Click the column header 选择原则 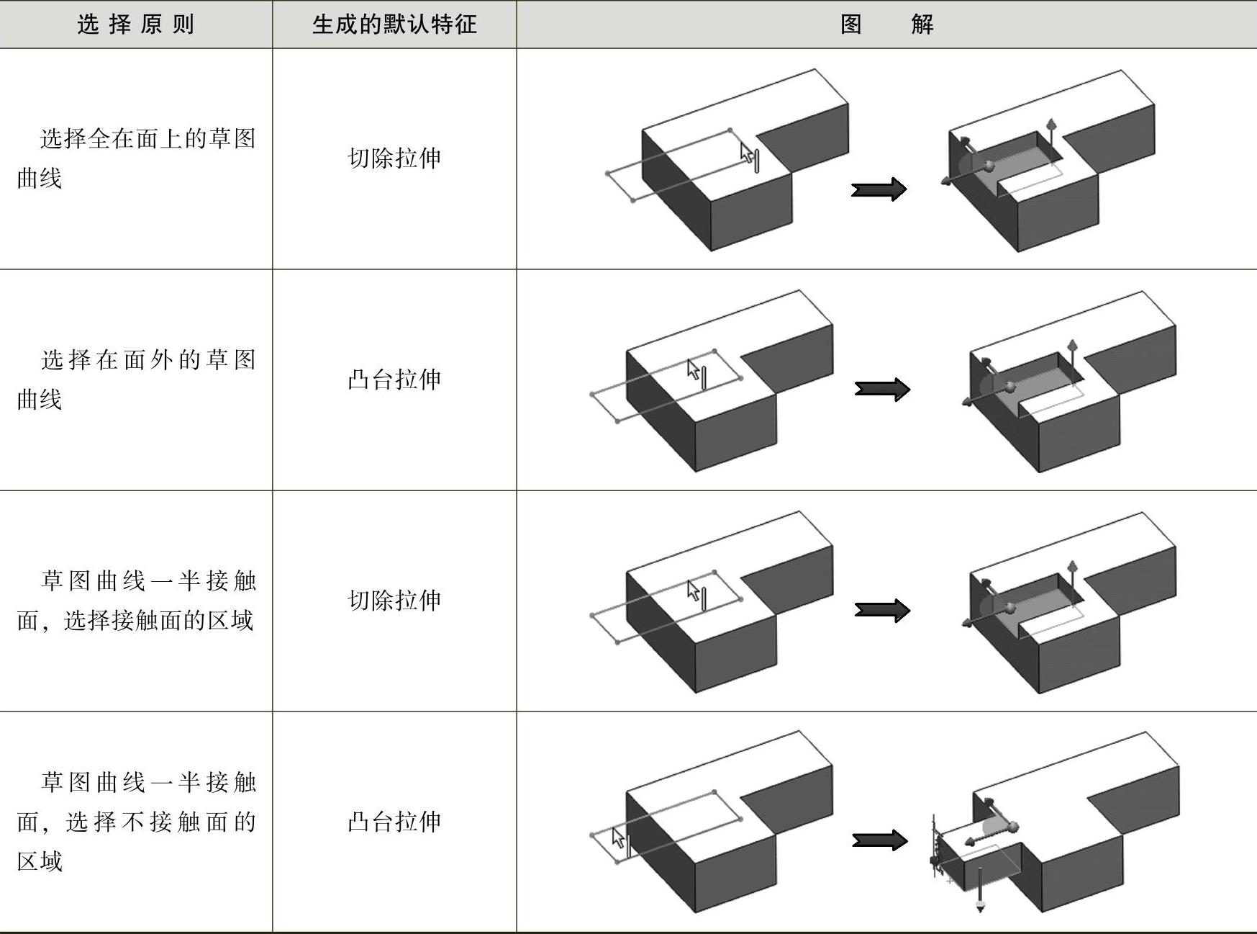click(136, 24)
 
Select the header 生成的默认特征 click(394, 24)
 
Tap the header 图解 click(886, 24)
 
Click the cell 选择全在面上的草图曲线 click(136, 158)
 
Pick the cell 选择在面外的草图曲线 click(136, 380)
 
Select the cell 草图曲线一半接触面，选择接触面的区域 click(136, 601)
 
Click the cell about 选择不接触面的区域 click(136, 822)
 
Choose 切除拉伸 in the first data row click(394, 158)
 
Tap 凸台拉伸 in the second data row click(394, 380)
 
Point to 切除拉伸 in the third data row click(394, 601)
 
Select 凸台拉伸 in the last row click(394, 822)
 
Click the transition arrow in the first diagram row click(879, 189)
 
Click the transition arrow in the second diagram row click(882, 390)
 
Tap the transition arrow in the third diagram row click(882, 611)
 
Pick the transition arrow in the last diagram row click(879, 840)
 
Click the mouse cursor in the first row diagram click(748, 153)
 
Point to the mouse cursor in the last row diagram click(618, 838)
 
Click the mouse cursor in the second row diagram click(694, 370)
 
